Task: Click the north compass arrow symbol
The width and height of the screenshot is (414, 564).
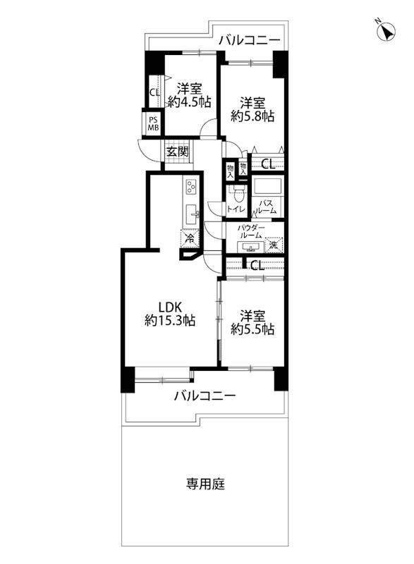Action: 386,32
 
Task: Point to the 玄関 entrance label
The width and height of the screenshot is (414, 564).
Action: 177,151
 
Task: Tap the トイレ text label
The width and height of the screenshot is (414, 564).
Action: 236,209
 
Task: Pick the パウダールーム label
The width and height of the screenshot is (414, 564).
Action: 251,233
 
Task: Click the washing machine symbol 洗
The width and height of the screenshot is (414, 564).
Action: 274,245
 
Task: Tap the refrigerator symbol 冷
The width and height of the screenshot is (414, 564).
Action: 189,238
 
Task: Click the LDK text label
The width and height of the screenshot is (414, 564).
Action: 170,307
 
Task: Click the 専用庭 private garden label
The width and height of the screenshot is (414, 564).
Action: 205,484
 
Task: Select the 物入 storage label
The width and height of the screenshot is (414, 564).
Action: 231,169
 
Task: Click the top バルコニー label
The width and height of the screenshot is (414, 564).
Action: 248,40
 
